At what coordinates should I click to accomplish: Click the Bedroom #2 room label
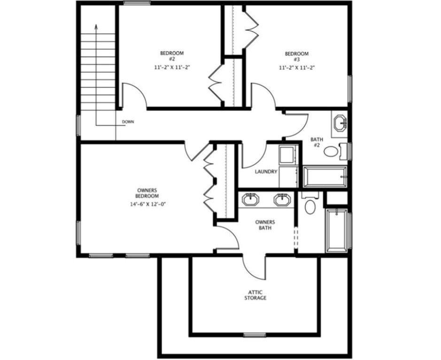coord(172,56)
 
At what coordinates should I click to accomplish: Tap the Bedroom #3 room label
coord(297,56)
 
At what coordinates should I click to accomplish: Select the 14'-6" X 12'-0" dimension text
coord(147,204)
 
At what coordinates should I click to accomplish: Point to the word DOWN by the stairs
coord(128,122)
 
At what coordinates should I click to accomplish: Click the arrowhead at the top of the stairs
coord(96,27)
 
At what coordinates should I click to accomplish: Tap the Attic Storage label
coord(255,295)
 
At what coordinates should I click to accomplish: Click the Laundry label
coord(266,171)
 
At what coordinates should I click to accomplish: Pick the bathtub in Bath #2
coord(325,177)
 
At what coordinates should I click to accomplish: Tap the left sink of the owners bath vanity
coord(250,199)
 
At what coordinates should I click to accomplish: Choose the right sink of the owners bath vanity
coord(282,199)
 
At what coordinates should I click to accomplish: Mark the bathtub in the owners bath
coord(337,231)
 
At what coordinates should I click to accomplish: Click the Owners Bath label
coord(265,225)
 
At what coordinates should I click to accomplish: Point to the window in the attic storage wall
coord(255,335)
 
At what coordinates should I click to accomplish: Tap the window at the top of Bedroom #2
coord(137,3)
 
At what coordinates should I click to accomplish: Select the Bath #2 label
coord(317,142)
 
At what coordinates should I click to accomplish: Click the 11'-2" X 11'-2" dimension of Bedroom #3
coord(297,68)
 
